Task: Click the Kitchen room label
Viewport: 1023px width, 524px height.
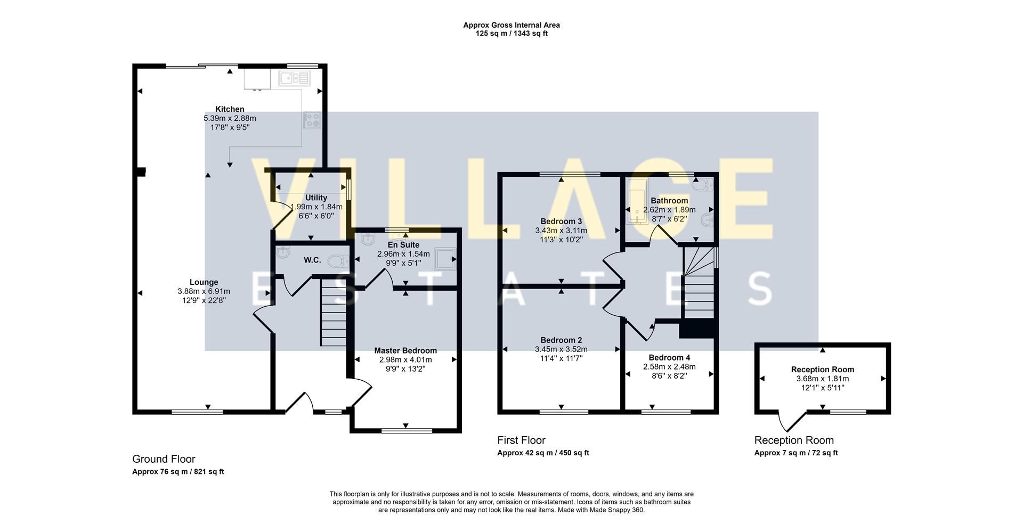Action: tap(230, 109)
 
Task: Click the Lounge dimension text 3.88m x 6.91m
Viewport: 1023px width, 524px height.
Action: tap(204, 291)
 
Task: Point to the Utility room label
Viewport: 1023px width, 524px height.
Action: tap(316, 198)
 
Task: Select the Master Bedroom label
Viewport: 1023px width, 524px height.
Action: tap(405, 350)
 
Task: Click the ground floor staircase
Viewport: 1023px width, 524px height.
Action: tap(334, 314)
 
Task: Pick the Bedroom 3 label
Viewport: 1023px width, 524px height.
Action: tap(561, 222)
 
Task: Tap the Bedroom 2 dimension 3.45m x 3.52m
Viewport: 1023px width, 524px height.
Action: tap(561, 349)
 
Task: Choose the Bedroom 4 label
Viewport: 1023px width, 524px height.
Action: tap(669, 357)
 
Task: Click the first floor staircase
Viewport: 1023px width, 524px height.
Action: tap(699, 282)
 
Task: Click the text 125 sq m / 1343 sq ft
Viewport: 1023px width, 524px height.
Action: tap(511, 34)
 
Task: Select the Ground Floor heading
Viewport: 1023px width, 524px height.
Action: tap(164, 459)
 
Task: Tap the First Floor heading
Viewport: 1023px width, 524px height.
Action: tap(521, 440)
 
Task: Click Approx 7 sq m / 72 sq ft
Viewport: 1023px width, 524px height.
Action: tap(796, 453)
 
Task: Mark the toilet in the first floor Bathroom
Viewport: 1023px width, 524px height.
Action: tap(705, 185)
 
